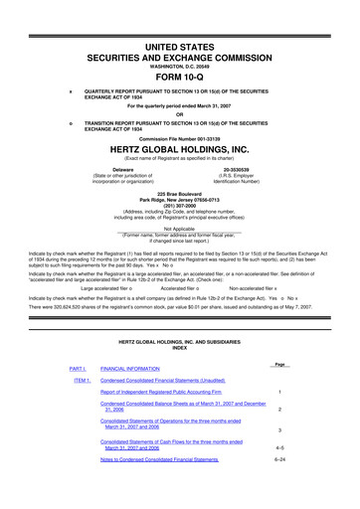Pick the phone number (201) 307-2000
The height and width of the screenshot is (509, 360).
(179, 220)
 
